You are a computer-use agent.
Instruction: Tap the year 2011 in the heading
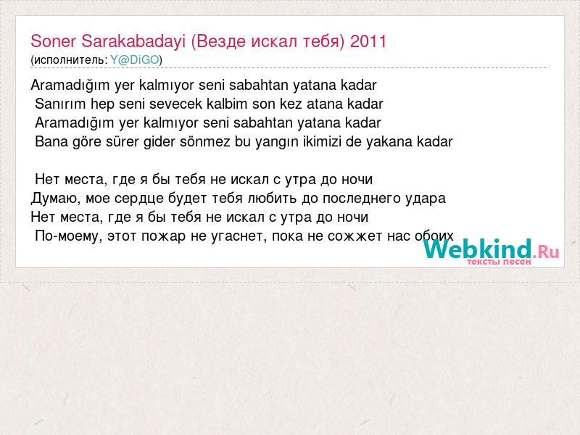tap(368, 41)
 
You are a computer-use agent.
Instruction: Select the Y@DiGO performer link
tap(135, 60)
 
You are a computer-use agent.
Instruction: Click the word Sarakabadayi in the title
tap(133, 42)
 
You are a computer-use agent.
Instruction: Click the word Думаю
tap(56, 199)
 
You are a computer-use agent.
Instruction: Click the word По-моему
tap(68, 236)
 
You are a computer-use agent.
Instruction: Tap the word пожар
tap(164, 237)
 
